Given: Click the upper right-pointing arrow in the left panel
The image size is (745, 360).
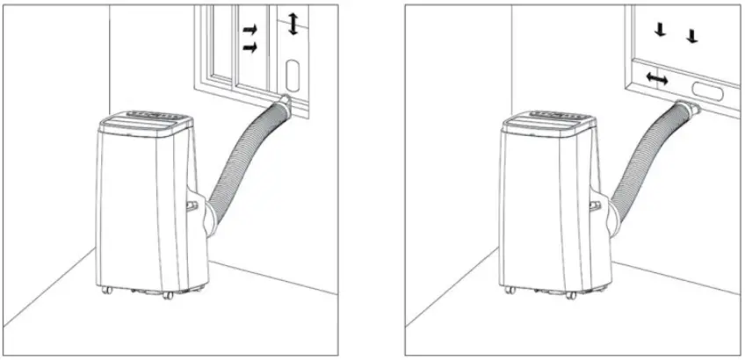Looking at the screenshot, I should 250,31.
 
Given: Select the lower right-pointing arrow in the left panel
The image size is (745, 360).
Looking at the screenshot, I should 250,49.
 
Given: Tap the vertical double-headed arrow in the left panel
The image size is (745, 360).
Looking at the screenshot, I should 293,25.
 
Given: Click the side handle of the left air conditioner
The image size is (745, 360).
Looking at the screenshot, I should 192,205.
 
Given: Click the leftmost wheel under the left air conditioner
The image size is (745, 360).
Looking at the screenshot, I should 105,291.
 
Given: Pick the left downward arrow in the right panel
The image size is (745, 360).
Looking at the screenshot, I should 660,31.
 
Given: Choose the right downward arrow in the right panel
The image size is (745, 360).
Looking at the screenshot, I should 691,36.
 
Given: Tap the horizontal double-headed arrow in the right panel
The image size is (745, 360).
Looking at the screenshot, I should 656,79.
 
